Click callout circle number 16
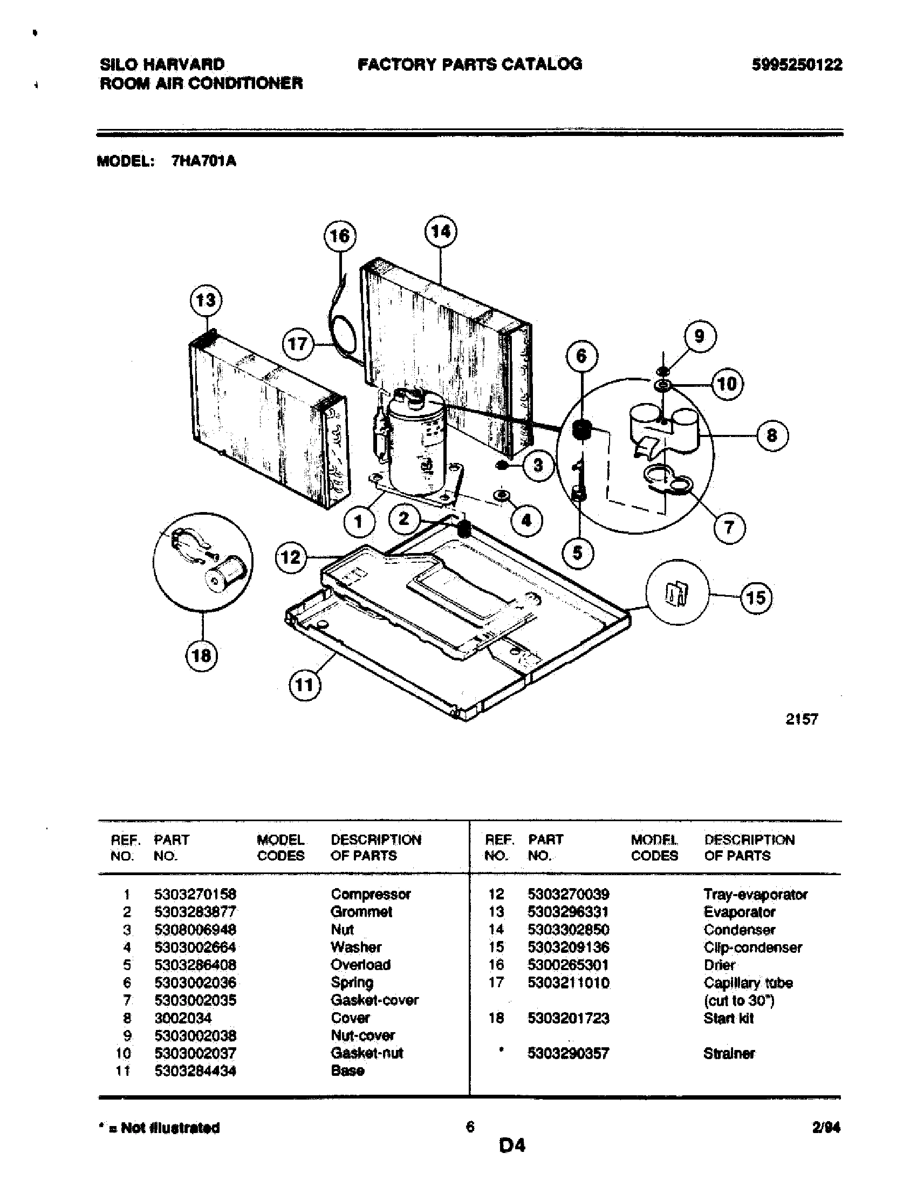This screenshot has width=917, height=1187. coord(340,236)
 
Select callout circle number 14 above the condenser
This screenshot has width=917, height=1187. coord(440,232)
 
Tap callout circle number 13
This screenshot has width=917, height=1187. coord(206,301)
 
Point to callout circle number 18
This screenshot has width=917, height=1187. coord(202,656)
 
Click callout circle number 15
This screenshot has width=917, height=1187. coord(756,598)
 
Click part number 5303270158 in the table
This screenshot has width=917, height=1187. coord(195,894)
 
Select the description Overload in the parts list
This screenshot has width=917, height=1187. coord(360,965)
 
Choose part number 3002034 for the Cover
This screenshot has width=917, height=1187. coord(182,1018)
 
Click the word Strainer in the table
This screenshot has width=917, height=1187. coord(729,1053)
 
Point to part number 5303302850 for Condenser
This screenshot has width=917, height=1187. coord(568,930)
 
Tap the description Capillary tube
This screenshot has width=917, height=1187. coord(748,983)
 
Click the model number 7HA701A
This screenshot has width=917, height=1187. coord(204,161)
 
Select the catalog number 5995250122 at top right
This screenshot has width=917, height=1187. coord(797,65)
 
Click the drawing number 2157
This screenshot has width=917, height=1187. coord(801,719)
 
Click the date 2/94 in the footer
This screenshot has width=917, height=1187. coord(826,1128)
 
